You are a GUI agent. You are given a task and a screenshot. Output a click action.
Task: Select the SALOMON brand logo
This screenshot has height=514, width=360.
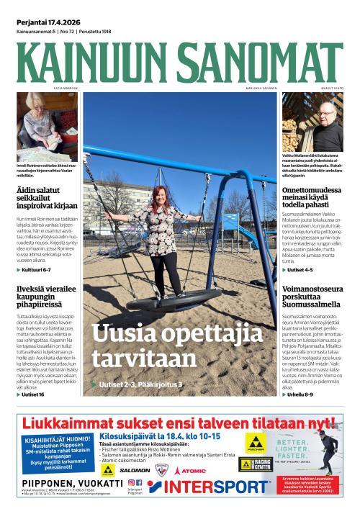click(135, 470)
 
